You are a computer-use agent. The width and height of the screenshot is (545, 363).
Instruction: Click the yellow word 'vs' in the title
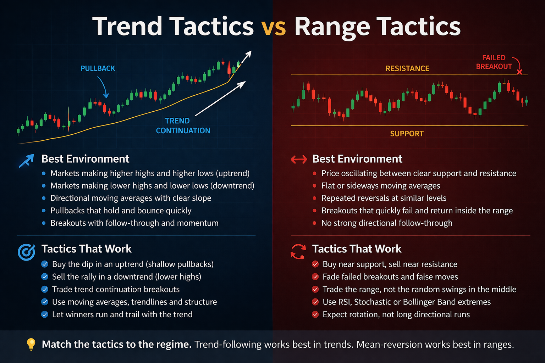(274, 27)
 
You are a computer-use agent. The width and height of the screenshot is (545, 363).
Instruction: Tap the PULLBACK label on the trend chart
(98, 68)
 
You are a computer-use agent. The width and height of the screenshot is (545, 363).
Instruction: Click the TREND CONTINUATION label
(183, 126)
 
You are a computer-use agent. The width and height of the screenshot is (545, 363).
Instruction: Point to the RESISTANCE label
(407, 68)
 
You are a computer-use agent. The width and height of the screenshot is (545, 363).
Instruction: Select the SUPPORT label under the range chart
(407, 134)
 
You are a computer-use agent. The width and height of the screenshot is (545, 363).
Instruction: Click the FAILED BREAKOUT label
(494, 62)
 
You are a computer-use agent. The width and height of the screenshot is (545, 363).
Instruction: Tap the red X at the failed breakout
(519, 72)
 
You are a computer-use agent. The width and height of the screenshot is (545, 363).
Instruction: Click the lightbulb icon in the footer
(31, 344)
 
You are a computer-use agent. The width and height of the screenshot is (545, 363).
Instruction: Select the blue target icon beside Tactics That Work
(26, 252)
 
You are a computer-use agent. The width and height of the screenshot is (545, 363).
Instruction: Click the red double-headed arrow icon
(299, 160)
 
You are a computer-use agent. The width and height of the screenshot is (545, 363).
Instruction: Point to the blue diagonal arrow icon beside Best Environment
(26, 160)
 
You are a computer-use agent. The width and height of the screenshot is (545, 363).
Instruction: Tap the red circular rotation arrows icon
(298, 251)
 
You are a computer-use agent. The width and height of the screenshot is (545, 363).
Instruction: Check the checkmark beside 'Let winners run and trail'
(45, 314)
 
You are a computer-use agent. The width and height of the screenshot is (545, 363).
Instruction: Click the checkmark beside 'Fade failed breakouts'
(315, 277)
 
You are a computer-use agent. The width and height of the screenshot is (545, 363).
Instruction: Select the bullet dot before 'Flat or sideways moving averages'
(314, 186)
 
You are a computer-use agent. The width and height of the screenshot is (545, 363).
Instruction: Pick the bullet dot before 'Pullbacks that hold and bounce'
(44, 211)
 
